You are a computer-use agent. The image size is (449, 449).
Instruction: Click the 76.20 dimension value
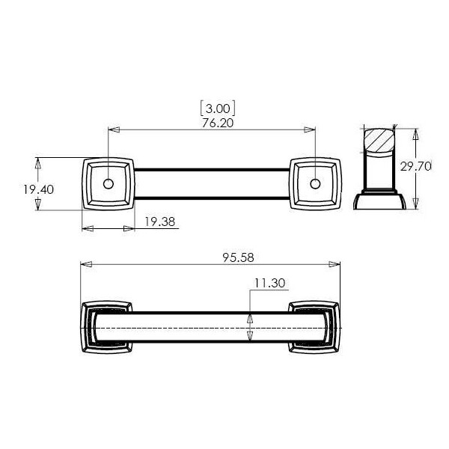click(x=218, y=123)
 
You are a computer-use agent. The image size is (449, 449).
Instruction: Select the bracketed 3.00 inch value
click(x=218, y=109)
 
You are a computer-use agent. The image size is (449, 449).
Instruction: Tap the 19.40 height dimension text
click(x=38, y=189)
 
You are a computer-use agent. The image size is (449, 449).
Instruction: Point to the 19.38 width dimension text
click(x=159, y=222)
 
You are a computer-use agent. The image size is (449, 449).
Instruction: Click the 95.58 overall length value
click(x=238, y=257)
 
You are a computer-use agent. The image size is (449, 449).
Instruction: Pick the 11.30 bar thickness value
click(x=269, y=283)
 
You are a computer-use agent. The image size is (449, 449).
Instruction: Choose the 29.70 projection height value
click(x=415, y=166)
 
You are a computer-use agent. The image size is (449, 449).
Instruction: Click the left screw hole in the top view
click(x=109, y=184)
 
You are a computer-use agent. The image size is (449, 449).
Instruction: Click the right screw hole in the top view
click(x=315, y=184)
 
